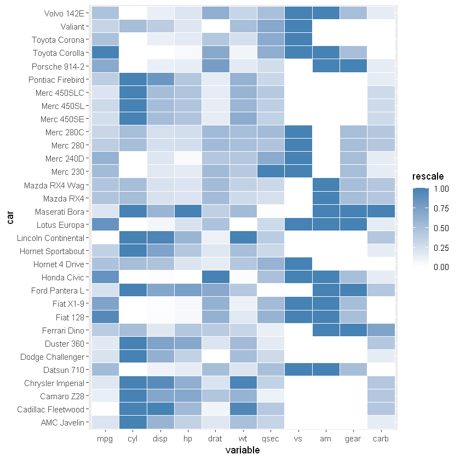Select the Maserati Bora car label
click(x=59, y=211)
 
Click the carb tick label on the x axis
click(x=381, y=439)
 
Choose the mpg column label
click(x=105, y=439)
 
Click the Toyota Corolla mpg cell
click(x=105, y=53)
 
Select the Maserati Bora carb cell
click(x=381, y=211)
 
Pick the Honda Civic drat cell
click(x=215, y=277)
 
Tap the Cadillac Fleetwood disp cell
click(x=160, y=409)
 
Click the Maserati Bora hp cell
click(x=188, y=211)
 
